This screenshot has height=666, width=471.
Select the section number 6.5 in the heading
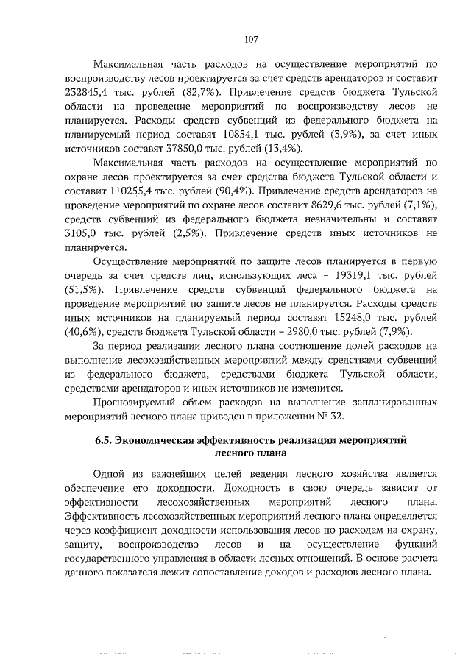point(104,439)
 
